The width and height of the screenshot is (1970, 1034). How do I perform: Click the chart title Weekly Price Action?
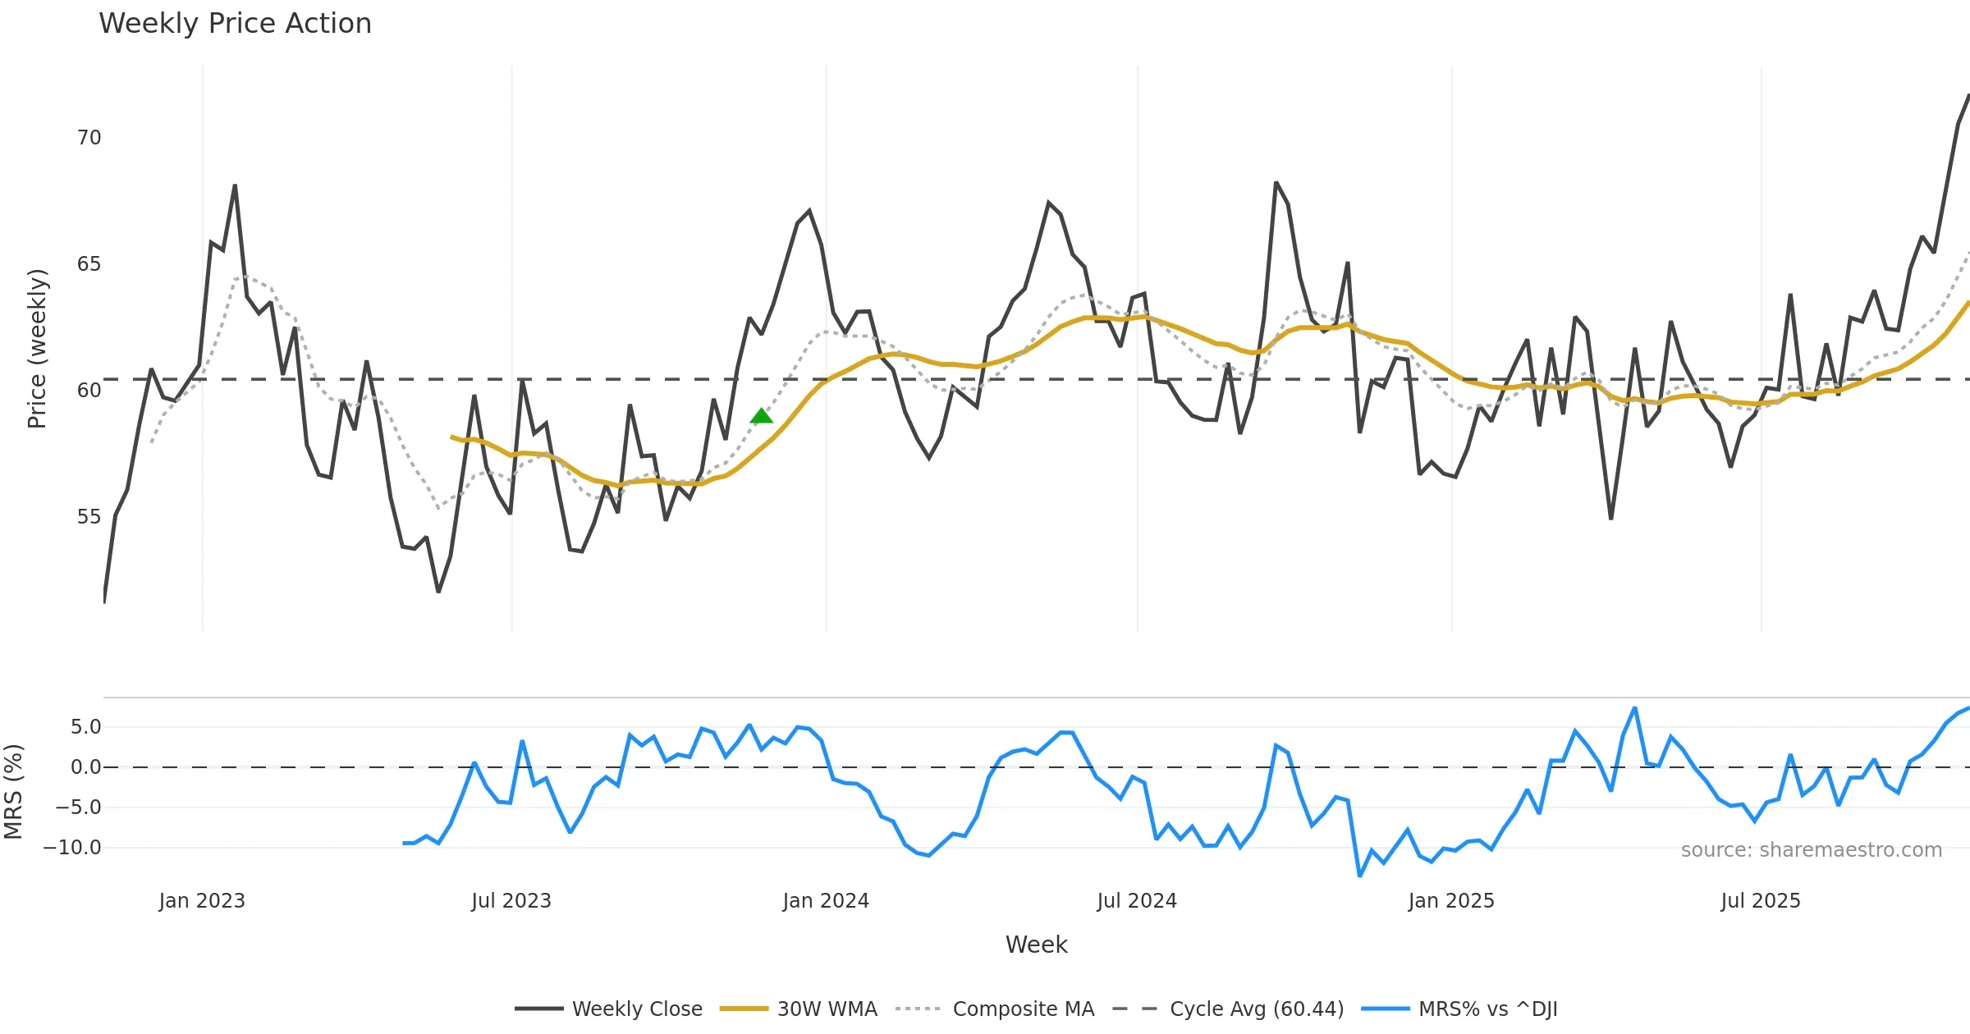click(x=235, y=24)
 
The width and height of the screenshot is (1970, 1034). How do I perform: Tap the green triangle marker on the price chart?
click(x=761, y=416)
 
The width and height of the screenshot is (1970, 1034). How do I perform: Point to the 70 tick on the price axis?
click(x=89, y=138)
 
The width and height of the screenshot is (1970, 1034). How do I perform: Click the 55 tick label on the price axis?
click(x=89, y=517)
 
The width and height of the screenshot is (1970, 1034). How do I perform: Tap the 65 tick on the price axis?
click(x=89, y=264)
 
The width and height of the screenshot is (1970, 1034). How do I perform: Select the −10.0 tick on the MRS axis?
click(x=72, y=848)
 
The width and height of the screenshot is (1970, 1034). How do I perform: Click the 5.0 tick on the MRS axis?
click(x=85, y=727)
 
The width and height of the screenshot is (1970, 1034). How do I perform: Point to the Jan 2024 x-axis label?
click(x=826, y=901)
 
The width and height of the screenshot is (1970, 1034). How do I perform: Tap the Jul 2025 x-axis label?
click(x=1761, y=901)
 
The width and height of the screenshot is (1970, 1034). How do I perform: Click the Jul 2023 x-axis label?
click(x=511, y=901)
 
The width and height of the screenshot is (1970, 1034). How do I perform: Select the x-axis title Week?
click(x=1036, y=945)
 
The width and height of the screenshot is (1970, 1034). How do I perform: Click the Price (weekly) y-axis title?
click(x=37, y=349)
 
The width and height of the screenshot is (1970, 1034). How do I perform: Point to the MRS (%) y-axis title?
click(x=13, y=791)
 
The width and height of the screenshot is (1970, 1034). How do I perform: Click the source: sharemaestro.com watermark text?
click(x=1811, y=850)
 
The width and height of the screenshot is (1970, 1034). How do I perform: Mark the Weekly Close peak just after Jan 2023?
click(x=235, y=185)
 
